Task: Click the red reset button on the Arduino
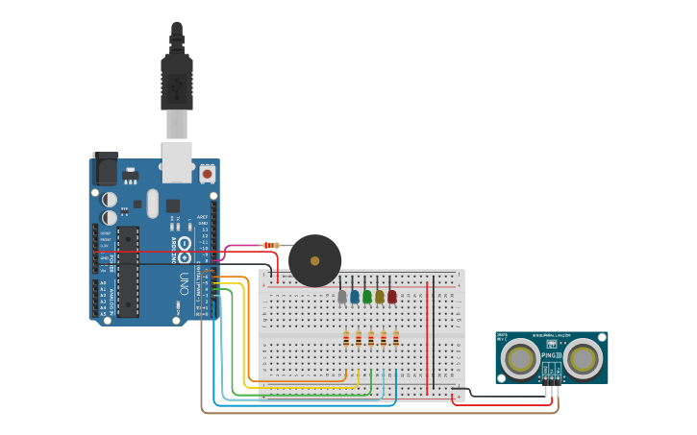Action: click(207, 175)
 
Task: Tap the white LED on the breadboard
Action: click(342, 297)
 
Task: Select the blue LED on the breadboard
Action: click(355, 297)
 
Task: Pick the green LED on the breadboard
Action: click(367, 297)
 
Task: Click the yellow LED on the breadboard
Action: click(380, 297)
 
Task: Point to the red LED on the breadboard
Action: click(392, 297)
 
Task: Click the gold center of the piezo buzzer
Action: click(314, 260)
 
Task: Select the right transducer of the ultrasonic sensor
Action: click(583, 359)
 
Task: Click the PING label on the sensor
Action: click(550, 354)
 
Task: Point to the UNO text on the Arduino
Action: click(183, 283)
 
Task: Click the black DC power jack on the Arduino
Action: click(105, 169)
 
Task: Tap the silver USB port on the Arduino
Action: click(177, 162)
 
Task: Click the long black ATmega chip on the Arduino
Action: click(128, 272)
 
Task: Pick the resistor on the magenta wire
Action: click(271, 246)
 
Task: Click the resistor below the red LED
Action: click(395, 338)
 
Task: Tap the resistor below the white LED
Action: click(346, 338)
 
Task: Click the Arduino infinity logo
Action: click(182, 251)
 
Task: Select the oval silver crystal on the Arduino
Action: click(152, 203)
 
